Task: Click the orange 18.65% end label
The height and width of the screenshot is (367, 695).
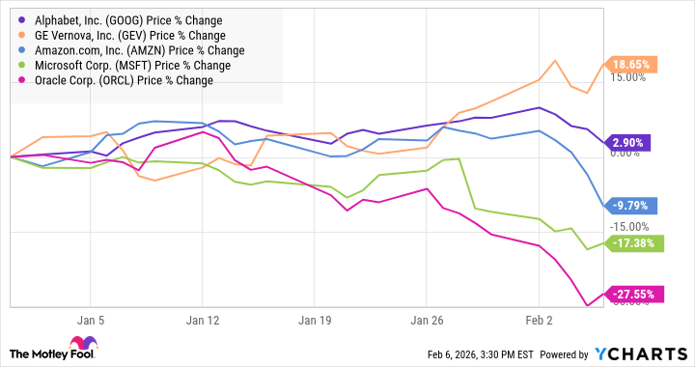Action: (633, 65)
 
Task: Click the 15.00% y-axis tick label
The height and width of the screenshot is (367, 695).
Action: (626, 78)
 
